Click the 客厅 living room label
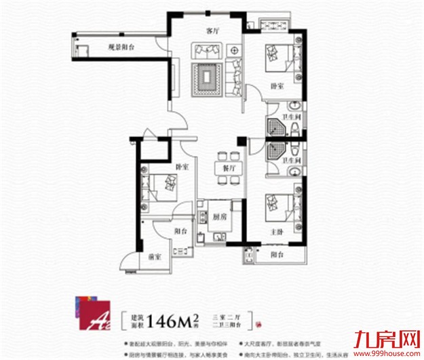(214, 31)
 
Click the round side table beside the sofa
(235, 50)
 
